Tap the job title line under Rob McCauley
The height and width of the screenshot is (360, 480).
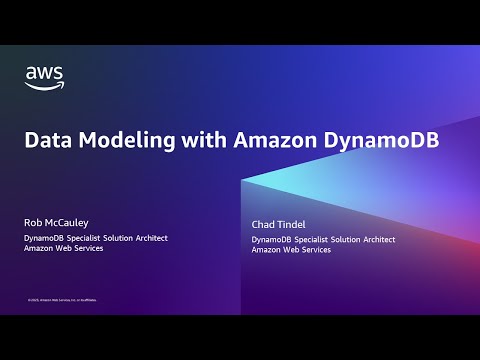[96, 237]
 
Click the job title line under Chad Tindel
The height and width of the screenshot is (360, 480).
[323, 240]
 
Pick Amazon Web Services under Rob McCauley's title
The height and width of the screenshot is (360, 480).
[64, 248]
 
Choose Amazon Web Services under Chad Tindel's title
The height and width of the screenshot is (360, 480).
[291, 251]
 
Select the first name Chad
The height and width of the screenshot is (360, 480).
[264, 226]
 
